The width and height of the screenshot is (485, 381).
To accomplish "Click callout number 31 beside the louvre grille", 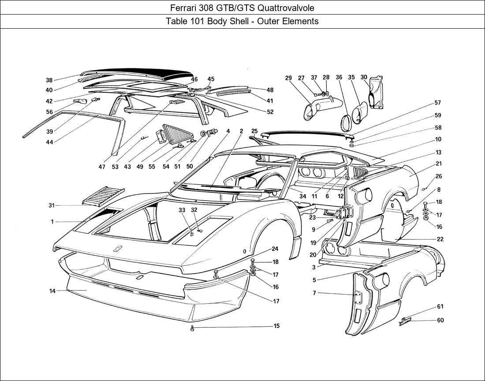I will [52, 205].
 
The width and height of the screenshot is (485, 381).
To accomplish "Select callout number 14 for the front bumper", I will [52, 291].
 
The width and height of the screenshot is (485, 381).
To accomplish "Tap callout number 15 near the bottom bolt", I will [276, 326].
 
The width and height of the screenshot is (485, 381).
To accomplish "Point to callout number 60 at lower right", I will [440, 320].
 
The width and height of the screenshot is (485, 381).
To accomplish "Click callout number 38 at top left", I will [49, 80].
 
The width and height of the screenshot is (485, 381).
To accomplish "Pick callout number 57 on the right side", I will [437, 103].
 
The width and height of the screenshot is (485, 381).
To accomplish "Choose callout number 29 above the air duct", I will [288, 78].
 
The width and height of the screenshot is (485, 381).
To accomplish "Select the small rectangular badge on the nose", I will [118, 249].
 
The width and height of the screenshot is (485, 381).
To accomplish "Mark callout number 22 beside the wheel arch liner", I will [440, 239].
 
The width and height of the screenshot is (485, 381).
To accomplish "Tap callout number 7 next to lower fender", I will [314, 293].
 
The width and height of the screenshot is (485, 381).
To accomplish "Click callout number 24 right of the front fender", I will [275, 249].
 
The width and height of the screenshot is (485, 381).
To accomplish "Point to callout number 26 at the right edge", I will [438, 176].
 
